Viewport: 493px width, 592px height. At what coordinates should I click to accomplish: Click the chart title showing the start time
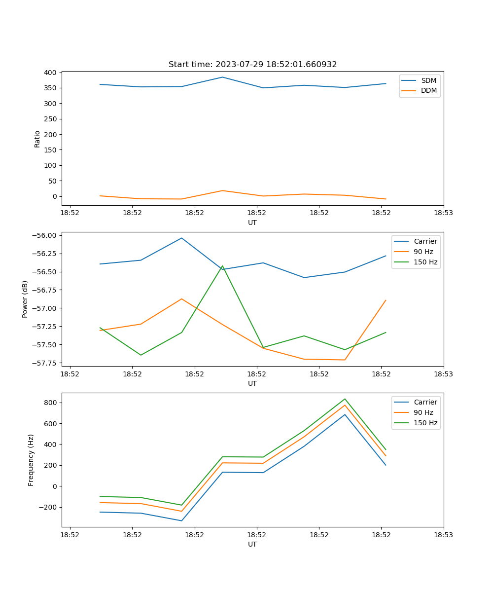point(252,65)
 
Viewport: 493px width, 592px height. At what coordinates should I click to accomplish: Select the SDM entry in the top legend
point(428,80)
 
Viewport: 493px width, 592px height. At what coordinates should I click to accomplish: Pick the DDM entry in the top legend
point(428,90)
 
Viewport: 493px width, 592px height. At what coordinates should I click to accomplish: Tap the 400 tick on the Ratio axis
point(50,73)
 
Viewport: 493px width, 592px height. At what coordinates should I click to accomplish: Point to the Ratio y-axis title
point(37,139)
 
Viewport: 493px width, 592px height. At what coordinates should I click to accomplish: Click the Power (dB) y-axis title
point(25,299)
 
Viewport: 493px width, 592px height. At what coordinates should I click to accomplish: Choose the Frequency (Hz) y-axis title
point(31,460)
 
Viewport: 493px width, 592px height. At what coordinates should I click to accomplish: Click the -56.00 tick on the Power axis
point(46,235)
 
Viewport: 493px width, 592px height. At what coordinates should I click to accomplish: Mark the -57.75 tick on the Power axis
point(46,363)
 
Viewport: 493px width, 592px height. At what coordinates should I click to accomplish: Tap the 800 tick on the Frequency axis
point(50,403)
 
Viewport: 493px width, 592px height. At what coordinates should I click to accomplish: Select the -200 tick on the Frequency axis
point(48,507)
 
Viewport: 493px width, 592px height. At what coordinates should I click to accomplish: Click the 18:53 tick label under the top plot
point(443,213)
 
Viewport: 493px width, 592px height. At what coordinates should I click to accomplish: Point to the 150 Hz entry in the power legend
point(425,262)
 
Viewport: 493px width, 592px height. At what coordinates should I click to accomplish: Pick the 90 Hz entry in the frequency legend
point(423,412)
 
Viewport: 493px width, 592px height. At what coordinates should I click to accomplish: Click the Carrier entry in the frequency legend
point(425,402)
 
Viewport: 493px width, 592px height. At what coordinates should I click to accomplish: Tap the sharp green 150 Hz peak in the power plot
point(222,266)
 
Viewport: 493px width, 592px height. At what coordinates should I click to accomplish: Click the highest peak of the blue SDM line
point(222,77)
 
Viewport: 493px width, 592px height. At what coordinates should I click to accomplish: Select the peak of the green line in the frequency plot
point(345,399)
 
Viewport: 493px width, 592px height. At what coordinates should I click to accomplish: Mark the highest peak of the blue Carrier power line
point(181,238)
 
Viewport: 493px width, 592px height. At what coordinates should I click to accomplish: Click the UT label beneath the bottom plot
point(252,544)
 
